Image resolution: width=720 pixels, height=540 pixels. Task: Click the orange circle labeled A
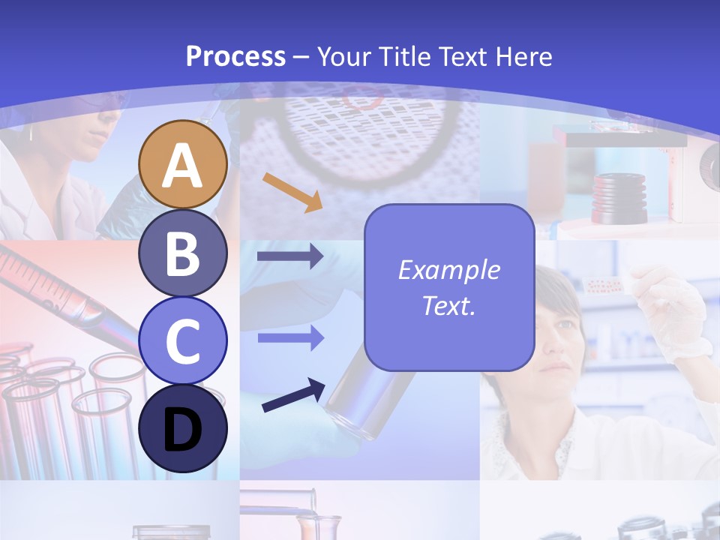tap(183, 164)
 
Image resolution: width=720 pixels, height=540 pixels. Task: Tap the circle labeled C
tap(183, 340)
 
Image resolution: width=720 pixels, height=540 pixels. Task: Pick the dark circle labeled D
tap(183, 428)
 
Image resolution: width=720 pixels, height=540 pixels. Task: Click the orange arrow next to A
tap(292, 192)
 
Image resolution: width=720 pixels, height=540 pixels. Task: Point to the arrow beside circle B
tap(290, 256)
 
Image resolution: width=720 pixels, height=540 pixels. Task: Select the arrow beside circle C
tap(290, 338)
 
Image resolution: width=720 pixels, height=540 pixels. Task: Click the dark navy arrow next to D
tap(293, 394)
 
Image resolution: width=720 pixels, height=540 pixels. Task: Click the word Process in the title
tap(235, 56)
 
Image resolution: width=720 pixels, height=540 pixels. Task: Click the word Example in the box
tap(448, 270)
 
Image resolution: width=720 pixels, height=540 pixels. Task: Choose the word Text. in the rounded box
tap(448, 305)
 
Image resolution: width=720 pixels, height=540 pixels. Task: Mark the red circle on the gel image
tap(364, 96)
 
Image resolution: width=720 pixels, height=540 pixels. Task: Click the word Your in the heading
tap(346, 56)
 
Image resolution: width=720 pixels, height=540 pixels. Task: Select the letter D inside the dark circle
tap(183, 430)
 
